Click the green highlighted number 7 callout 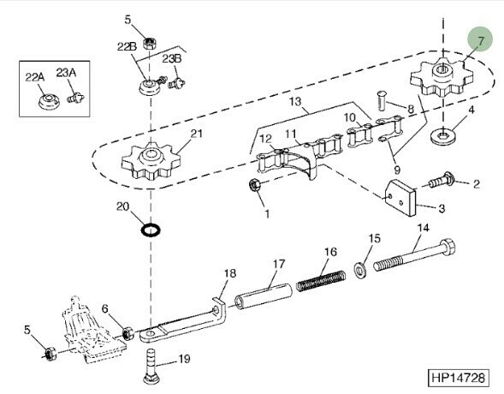coord(480,39)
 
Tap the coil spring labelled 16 coord(321,281)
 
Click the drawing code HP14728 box coord(458,378)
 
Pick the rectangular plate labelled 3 coord(400,197)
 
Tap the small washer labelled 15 coord(360,270)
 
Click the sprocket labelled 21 coord(151,161)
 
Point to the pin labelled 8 coord(382,101)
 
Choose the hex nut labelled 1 coord(255,185)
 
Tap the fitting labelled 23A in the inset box coord(76,97)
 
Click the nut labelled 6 coord(128,333)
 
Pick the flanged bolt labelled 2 coord(442,181)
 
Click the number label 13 coord(295,102)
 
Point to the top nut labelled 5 coord(150,43)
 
